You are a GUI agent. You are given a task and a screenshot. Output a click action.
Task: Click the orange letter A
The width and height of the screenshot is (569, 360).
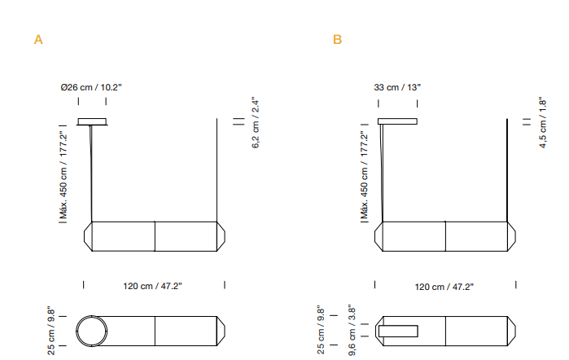tap(37, 40)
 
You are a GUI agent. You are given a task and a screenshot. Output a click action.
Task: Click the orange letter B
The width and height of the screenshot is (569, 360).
tap(338, 40)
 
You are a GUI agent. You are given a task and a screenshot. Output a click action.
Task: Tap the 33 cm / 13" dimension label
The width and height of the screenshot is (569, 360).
tap(397, 87)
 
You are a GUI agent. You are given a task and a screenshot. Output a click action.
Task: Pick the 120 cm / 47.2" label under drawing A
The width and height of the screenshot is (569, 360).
tap(153, 286)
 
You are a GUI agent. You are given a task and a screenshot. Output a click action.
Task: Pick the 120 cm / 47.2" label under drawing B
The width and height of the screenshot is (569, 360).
tap(444, 286)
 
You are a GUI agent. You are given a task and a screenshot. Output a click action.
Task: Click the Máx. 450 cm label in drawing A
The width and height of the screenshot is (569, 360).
tap(62, 174)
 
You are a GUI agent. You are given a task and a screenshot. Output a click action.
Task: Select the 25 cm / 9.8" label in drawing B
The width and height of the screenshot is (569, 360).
tap(322, 330)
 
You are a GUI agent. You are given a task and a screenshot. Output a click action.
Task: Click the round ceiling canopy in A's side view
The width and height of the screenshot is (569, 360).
tap(92, 122)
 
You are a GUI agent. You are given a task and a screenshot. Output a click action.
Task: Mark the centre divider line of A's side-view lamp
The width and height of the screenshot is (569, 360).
tap(155, 236)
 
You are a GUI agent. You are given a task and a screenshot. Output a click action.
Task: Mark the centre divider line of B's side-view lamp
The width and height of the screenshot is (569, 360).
tap(445, 236)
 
